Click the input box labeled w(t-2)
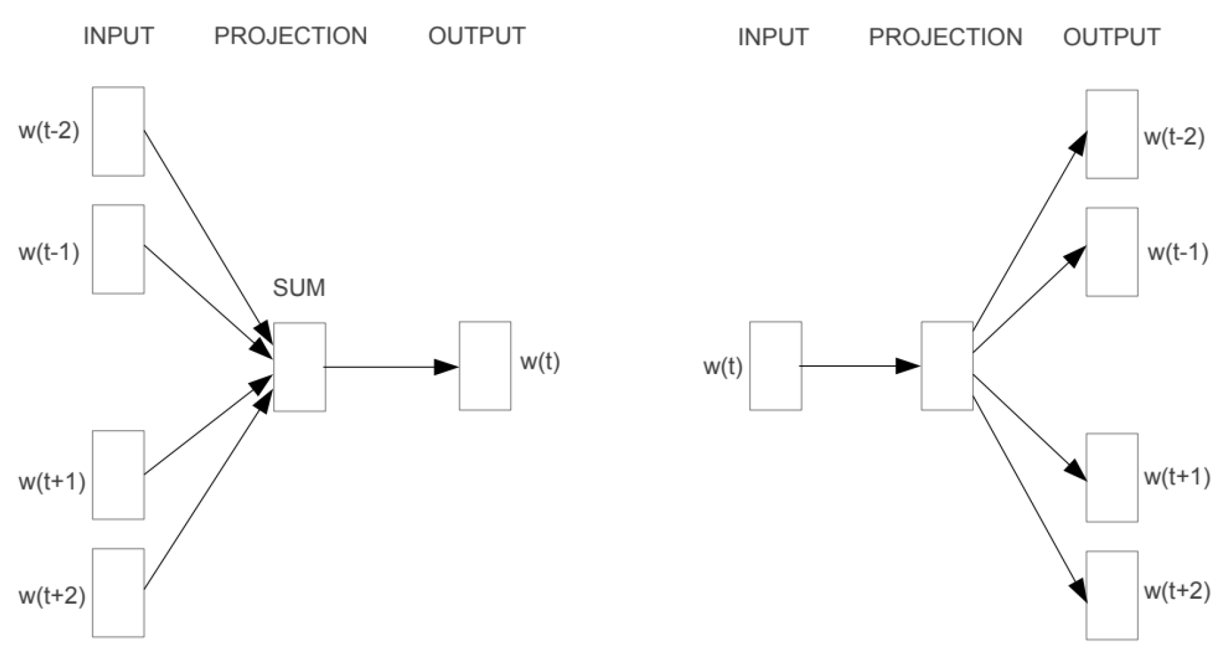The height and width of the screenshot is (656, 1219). coord(118,131)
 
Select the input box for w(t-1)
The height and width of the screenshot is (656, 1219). coord(118,249)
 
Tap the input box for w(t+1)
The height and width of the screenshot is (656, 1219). coord(118,475)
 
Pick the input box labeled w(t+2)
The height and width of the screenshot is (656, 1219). coord(118,593)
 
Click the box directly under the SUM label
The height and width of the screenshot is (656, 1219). coord(299,367)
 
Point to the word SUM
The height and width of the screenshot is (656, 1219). coord(299,288)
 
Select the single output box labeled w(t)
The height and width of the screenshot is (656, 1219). coord(485,366)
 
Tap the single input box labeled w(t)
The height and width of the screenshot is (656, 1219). coord(776,366)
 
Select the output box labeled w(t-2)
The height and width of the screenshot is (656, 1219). coord(1112,135)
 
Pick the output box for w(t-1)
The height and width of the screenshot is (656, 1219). coord(1112,252)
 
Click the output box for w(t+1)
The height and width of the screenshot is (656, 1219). coord(1112,478)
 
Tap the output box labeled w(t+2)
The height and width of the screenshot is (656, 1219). coord(1112,595)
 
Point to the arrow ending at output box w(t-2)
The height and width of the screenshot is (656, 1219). coord(1029,232)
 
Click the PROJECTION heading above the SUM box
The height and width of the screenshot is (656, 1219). coord(291,36)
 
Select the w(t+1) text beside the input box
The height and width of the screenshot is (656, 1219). coord(52,482)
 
